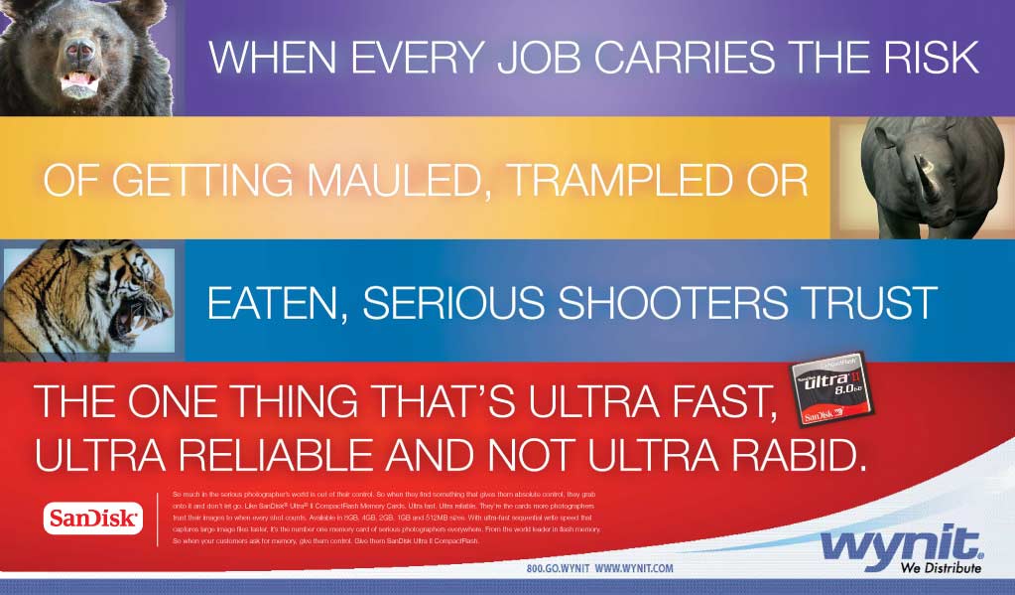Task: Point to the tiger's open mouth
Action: (133, 319)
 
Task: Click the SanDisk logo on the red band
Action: (93, 518)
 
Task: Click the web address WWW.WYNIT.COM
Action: (635, 568)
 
